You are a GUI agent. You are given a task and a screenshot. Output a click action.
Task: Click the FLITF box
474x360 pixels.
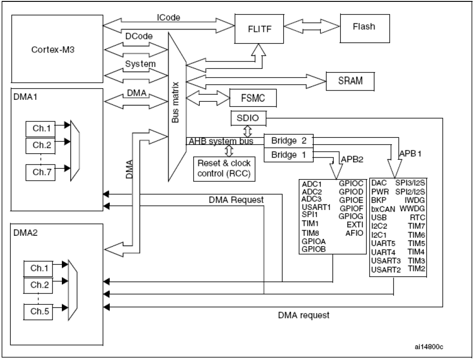257,28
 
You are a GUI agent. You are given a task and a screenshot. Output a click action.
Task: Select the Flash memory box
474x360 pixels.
363,27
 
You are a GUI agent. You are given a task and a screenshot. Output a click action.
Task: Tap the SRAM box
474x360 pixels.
350,81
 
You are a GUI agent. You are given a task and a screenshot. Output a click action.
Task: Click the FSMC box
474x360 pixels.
252,98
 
